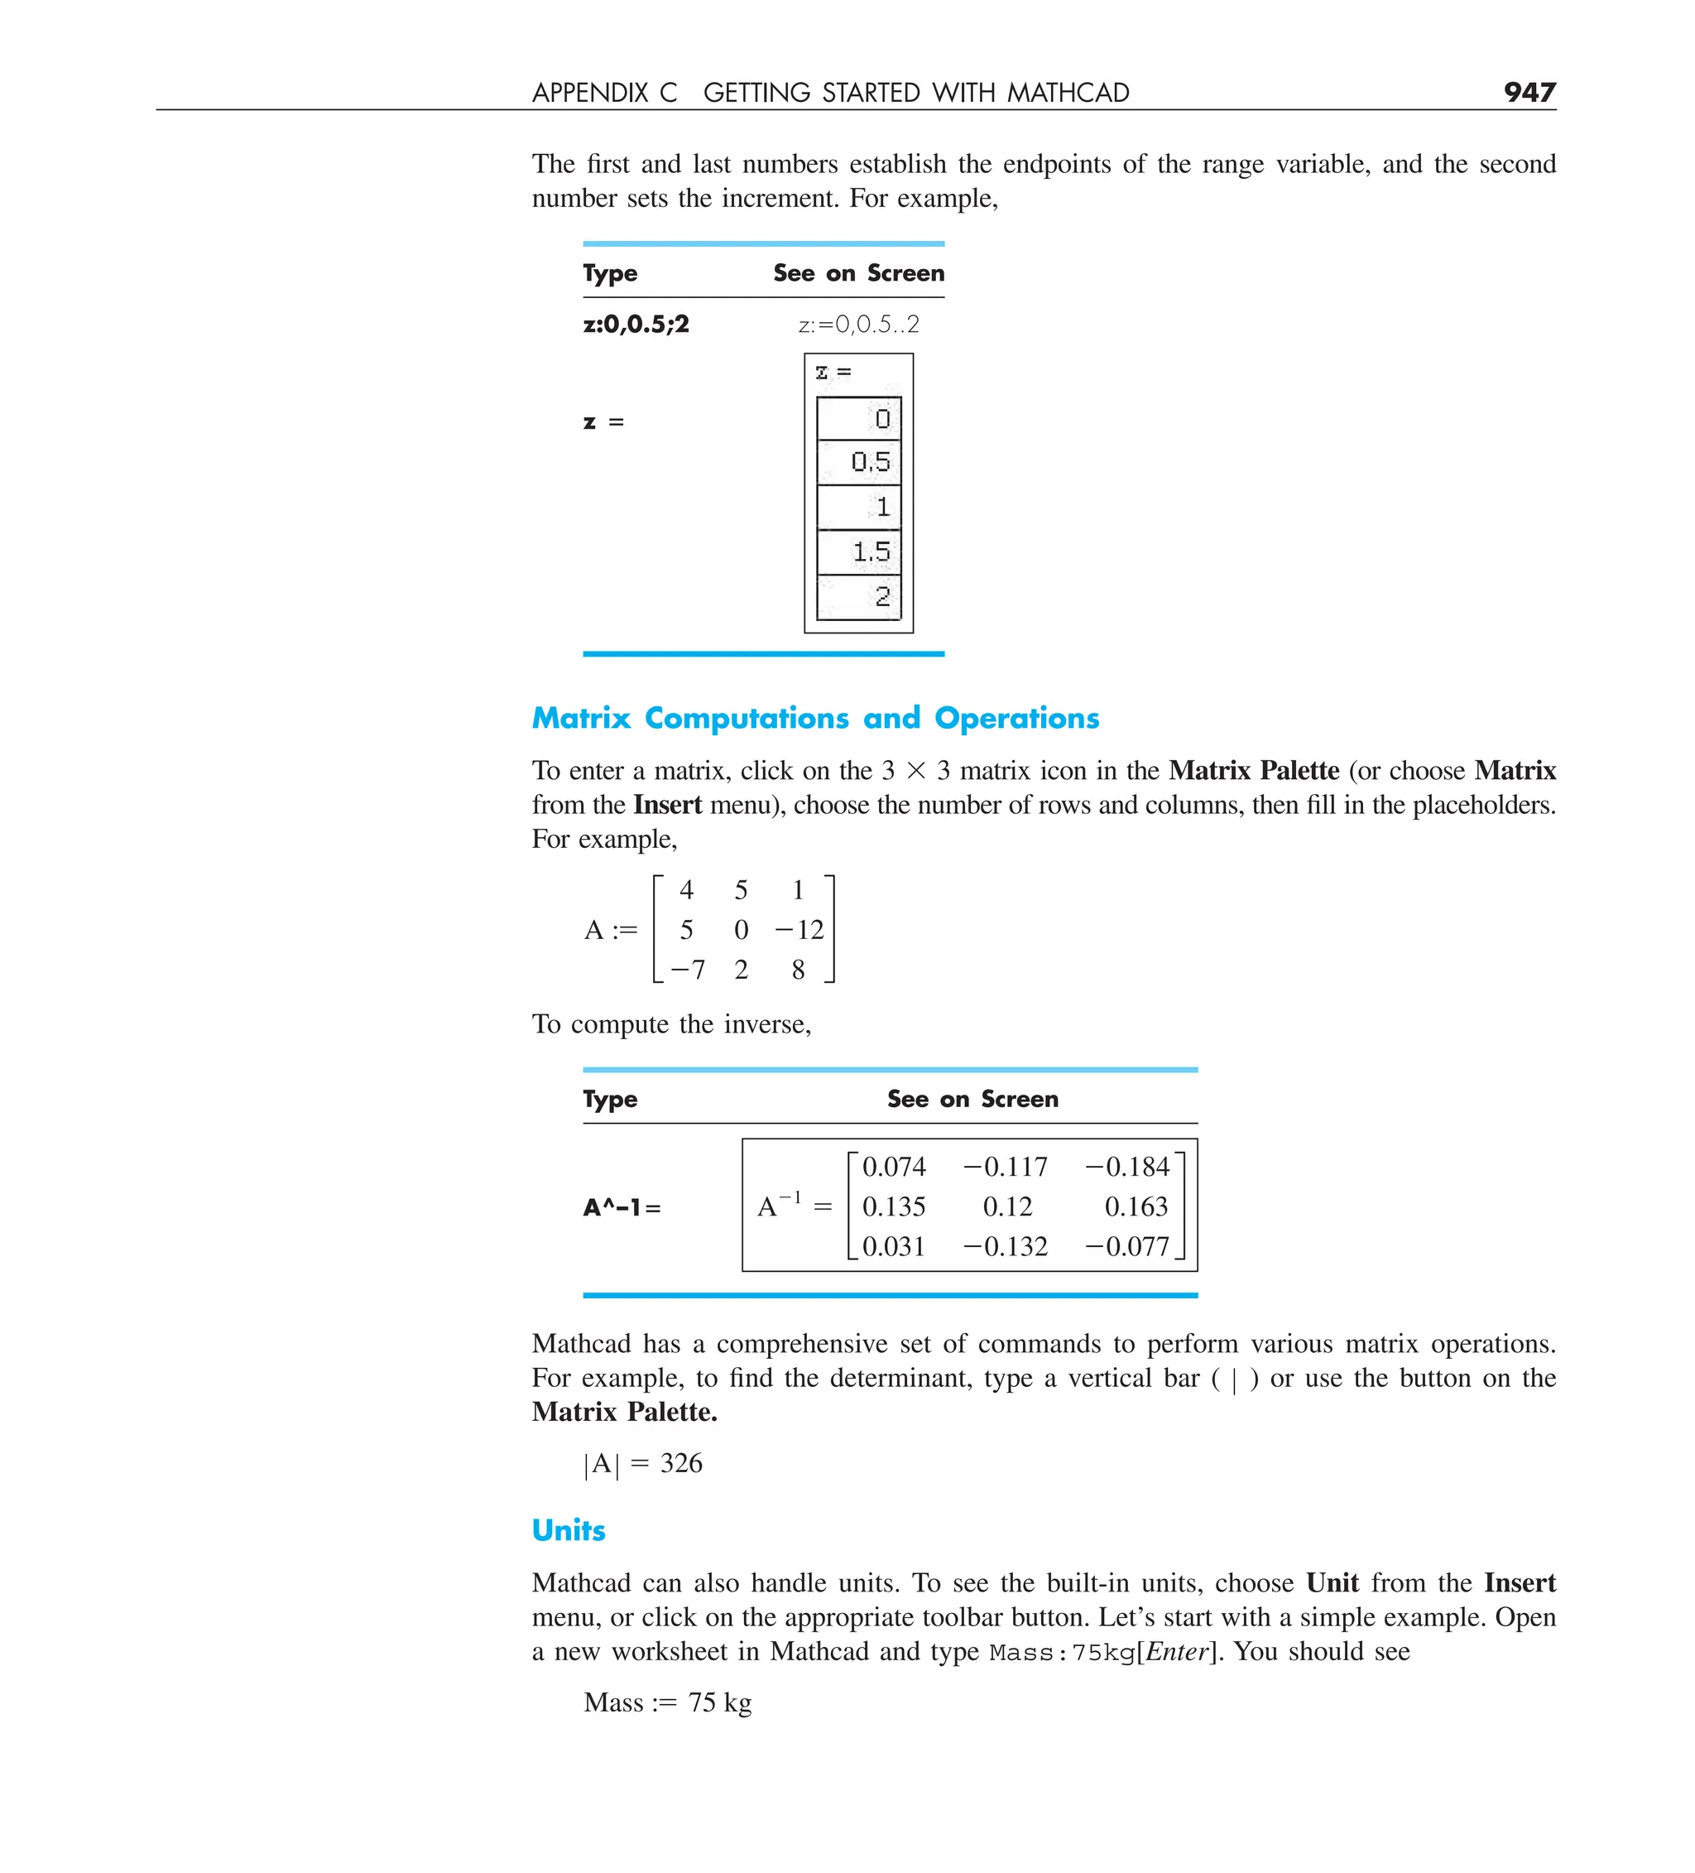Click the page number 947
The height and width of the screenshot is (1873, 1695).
click(x=1529, y=92)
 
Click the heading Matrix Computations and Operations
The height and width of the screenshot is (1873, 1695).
click(x=814, y=718)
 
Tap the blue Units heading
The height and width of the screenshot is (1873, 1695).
click(x=568, y=1530)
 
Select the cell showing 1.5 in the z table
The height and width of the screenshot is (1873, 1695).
click(x=859, y=551)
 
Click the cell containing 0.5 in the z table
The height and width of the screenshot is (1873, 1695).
click(x=859, y=462)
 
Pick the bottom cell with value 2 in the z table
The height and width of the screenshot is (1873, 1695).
click(x=859, y=596)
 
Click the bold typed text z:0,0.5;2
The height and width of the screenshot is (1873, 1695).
click(x=636, y=325)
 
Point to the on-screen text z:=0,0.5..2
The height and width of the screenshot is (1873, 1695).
click(x=858, y=325)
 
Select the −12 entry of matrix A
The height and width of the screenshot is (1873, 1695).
click(x=799, y=929)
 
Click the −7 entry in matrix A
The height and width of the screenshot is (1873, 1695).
click(x=687, y=969)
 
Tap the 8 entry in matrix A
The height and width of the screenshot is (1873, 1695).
click(x=798, y=969)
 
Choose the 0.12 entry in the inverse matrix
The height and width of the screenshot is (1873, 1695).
click(x=1006, y=1206)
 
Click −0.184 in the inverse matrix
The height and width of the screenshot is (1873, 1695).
click(x=1126, y=1166)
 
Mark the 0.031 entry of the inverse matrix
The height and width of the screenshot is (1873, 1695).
click(x=894, y=1246)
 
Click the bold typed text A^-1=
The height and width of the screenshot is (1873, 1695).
click(x=622, y=1208)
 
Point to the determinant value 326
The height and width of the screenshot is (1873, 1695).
click(x=681, y=1463)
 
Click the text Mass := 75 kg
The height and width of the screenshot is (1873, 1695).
click(x=667, y=1702)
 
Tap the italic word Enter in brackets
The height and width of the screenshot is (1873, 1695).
click(x=1177, y=1651)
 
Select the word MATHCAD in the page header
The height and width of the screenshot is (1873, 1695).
click(x=1068, y=93)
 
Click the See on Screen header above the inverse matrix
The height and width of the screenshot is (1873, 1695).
click(x=972, y=1099)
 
